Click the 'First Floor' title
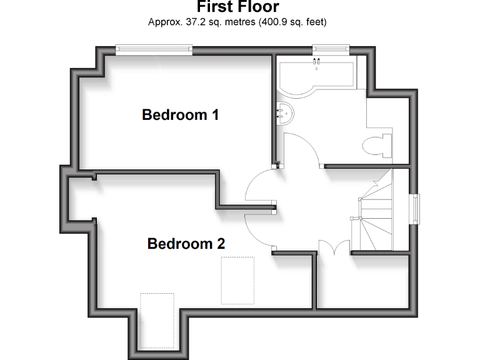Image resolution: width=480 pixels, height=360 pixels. coord(237,7)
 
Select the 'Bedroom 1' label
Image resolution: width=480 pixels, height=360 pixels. coord(180,115)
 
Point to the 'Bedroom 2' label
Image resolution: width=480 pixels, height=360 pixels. coord(186,244)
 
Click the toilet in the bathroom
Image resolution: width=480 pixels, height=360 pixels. coord(377,144)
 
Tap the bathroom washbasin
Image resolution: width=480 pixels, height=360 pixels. coord(284,113)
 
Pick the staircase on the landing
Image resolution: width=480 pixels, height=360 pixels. coord(373,212)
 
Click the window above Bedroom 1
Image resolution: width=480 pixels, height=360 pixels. coord(154,49)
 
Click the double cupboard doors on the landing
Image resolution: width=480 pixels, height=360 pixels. coord(334,246)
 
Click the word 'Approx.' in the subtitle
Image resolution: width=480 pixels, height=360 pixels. coord(162,22)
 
